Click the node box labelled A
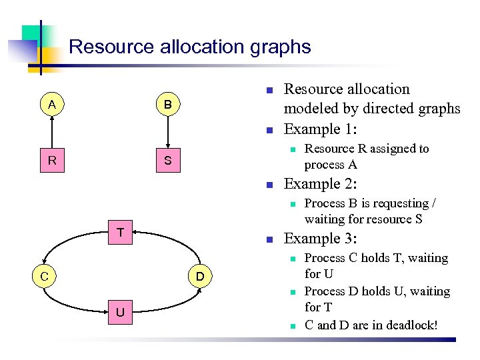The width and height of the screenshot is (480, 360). point(51,104)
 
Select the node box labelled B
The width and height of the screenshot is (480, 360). point(168,105)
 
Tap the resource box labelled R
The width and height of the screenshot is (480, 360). point(51,161)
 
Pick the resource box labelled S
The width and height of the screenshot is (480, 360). point(168,161)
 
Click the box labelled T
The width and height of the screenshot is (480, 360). point(120,233)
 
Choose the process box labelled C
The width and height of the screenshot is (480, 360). point(42,276)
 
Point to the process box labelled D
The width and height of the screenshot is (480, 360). point(199,276)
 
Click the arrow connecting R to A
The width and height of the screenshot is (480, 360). point(51,132)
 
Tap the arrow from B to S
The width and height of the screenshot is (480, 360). point(168,132)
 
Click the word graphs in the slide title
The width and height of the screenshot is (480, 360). point(280,47)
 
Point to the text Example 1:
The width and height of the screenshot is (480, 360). point(320,129)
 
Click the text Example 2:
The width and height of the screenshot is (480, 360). point(320,184)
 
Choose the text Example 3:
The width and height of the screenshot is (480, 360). point(320,239)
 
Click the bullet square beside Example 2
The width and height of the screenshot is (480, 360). point(268,185)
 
